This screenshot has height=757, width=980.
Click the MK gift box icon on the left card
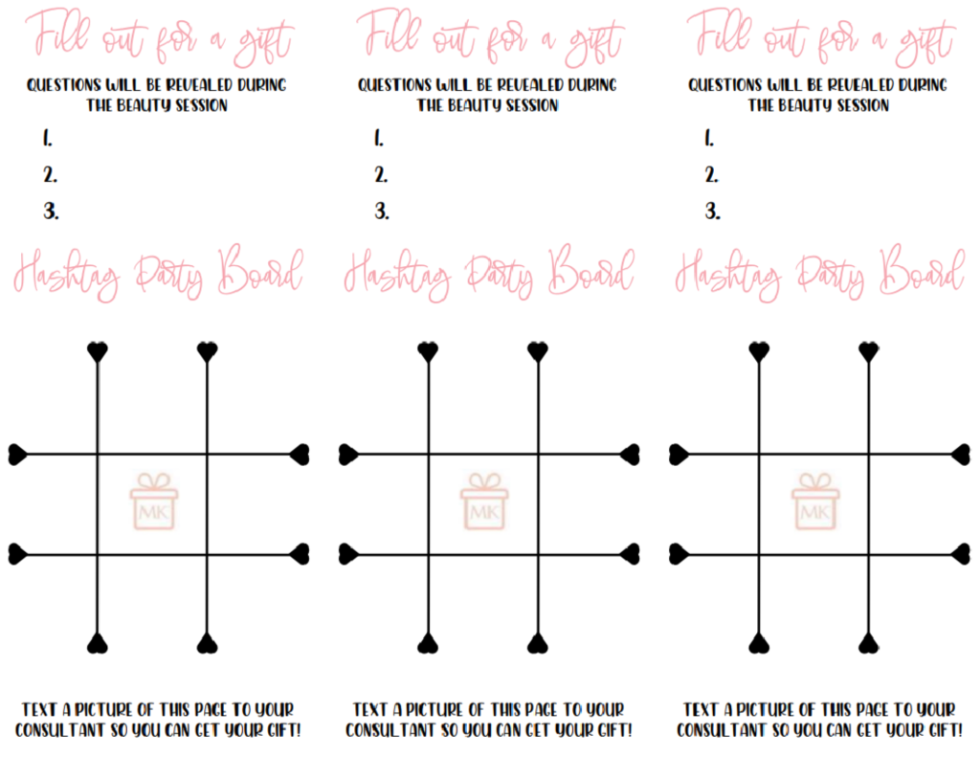[x=154, y=501]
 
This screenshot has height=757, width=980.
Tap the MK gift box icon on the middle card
[x=484, y=501]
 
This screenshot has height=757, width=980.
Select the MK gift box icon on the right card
[x=815, y=501]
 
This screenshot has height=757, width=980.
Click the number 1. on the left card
[x=48, y=138]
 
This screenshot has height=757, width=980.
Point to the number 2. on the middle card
[x=381, y=174]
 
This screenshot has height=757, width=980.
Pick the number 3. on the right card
[x=712, y=211]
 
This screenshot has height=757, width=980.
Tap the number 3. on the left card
[x=52, y=211]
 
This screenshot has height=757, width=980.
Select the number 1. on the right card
[x=709, y=138]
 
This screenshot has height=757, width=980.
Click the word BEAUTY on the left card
[x=144, y=105]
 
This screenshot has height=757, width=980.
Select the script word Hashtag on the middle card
[x=397, y=275]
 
